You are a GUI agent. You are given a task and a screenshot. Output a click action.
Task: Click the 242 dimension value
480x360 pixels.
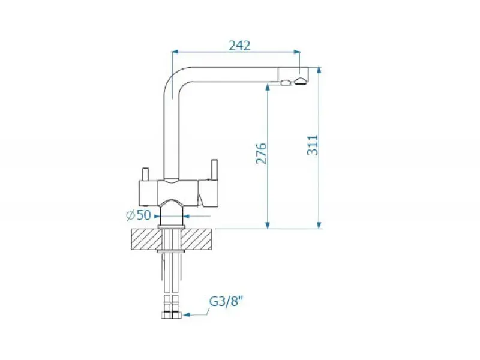(x=239, y=46)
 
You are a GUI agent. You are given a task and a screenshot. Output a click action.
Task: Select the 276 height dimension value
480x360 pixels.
(x=262, y=153)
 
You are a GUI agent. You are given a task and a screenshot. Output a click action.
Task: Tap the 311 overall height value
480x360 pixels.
(x=313, y=145)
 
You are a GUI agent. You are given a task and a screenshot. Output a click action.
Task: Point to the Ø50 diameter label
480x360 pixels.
(x=139, y=215)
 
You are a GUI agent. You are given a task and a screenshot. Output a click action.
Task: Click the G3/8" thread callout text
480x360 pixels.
(x=226, y=302)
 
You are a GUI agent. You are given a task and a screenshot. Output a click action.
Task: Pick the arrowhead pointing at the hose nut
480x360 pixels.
(x=185, y=314)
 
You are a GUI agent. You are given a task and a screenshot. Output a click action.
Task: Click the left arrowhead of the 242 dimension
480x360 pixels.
(x=175, y=52)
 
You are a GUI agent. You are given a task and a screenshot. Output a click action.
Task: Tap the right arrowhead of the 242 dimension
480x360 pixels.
(x=296, y=52)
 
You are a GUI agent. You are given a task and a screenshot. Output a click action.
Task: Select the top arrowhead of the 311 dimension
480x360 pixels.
(x=319, y=70)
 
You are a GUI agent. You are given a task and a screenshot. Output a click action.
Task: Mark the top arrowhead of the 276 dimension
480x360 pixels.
(x=268, y=88)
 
